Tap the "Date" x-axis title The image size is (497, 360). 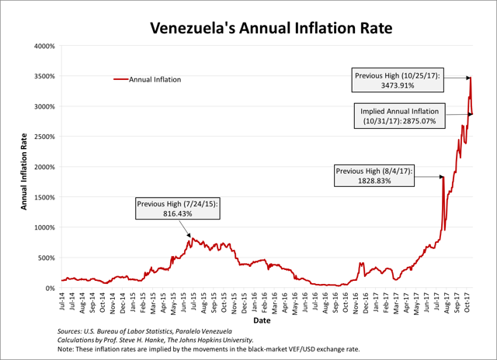(x=262, y=319)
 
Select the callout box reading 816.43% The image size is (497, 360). (x=178, y=209)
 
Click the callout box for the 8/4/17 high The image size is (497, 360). (x=374, y=175)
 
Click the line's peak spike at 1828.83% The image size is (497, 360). (x=443, y=178)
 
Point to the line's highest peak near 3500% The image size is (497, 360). (x=470, y=78)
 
